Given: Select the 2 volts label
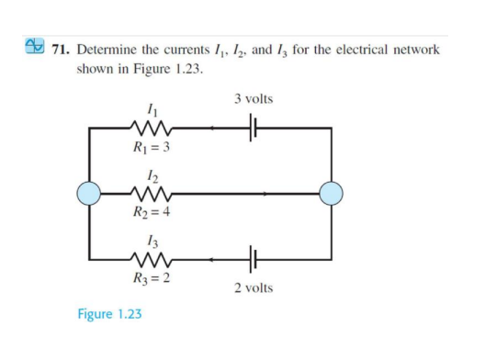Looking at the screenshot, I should coord(254,288).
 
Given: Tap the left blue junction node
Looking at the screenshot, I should coord(89,194).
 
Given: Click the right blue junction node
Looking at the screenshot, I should coord(331,194).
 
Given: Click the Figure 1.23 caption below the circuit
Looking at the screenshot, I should coord(109,315).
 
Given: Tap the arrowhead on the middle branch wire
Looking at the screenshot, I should coord(267,194).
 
